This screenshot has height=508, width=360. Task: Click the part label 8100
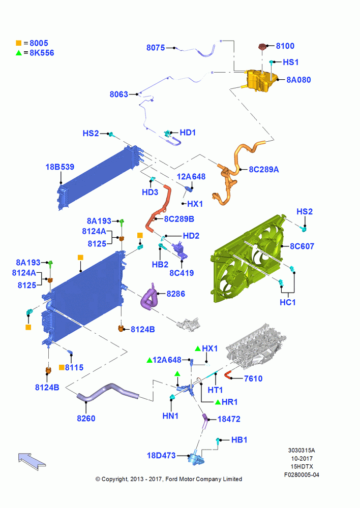285,46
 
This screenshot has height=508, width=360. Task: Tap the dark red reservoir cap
262,47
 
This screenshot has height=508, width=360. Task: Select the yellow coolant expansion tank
260,81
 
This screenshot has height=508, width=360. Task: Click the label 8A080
298,80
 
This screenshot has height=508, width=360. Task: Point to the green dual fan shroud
249,258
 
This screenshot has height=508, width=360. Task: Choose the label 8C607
302,246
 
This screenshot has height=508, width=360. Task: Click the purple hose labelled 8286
149,297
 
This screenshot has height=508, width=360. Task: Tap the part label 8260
86,418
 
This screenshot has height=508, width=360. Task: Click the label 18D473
161,455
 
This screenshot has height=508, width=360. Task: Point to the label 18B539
59,167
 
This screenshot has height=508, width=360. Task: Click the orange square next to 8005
18,43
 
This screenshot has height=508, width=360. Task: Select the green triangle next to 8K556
18,53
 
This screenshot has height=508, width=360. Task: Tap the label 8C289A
264,170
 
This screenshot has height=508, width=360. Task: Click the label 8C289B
179,219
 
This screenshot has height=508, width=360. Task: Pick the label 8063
118,94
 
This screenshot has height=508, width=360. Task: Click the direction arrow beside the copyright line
32,461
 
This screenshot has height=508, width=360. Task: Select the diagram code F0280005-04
302,474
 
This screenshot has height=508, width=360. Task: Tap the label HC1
288,302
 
